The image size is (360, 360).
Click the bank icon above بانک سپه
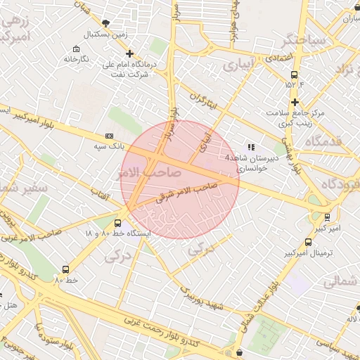(108, 136)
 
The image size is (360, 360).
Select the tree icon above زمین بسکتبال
(105, 23)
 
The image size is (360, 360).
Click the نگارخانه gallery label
(76, 59)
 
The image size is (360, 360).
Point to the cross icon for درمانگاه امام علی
(129, 53)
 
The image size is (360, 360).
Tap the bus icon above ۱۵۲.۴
(293, 75)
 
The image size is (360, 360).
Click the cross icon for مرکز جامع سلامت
(295, 102)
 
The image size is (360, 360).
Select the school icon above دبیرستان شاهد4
(250, 148)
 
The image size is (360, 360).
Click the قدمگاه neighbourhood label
(323, 141)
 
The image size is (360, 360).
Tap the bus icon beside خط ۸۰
(66, 269)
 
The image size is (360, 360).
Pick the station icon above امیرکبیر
(326, 217)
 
